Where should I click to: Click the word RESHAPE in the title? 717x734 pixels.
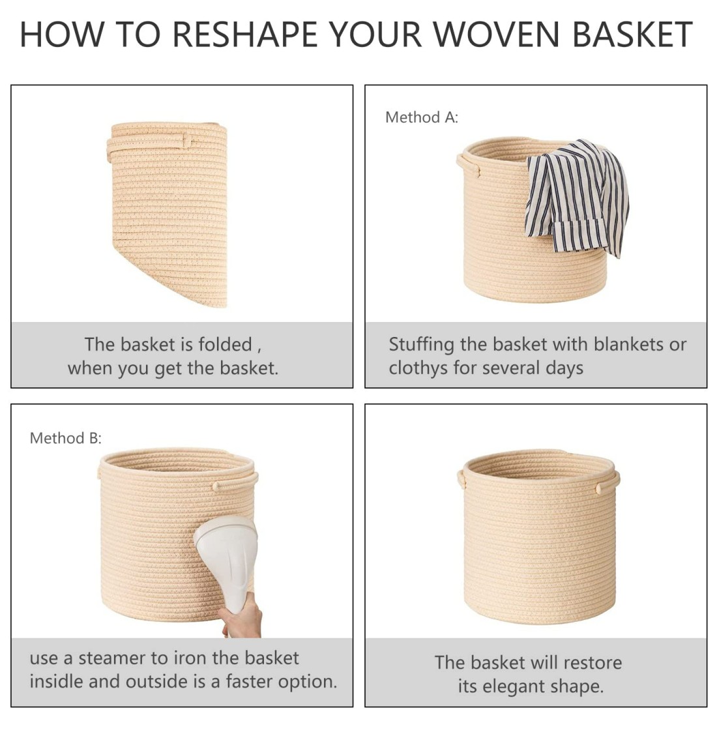coord(245,34)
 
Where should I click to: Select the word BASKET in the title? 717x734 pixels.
coord(632,34)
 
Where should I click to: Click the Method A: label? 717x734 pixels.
coord(422,117)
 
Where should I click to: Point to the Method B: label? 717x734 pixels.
coord(66,438)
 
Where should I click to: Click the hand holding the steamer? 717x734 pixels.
coord(241,617)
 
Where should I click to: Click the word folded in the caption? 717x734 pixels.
coord(225,345)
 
